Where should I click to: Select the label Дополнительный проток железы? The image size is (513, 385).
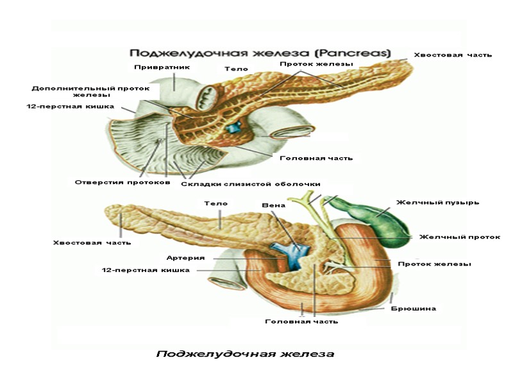pyautogui.click(x=90, y=92)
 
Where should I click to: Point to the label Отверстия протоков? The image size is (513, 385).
pyautogui.click(x=122, y=182)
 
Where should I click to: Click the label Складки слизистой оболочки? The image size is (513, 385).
pyautogui.click(x=250, y=184)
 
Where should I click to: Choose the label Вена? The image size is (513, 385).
pyautogui.click(x=274, y=206)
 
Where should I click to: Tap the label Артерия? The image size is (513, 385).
pyautogui.click(x=185, y=258)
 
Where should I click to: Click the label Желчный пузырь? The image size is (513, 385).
pyautogui.click(x=437, y=202)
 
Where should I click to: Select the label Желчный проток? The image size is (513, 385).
pyautogui.click(x=459, y=237)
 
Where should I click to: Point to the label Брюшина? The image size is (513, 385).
pyautogui.click(x=414, y=309)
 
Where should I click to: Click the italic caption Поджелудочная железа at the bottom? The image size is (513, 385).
pyautogui.click(x=246, y=354)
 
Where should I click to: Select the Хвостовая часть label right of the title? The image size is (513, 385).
pyautogui.click(x=453, y=55)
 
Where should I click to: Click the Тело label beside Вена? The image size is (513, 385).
pyautogui.click(x=216, y=203)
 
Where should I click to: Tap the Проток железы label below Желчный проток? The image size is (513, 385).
pyautogui.click(x=435, y=264)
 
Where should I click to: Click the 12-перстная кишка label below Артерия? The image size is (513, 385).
pyautogui.click(x=146, y=270)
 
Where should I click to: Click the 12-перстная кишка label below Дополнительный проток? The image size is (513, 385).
pyautogui.click(x=70, y=107)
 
